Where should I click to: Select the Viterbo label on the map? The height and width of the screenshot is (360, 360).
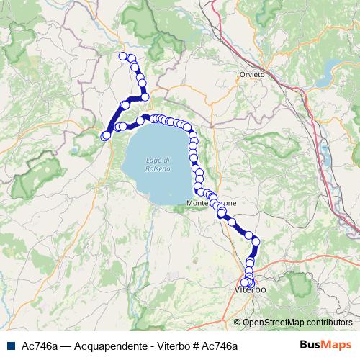pyautogui.click(x=251, y=289)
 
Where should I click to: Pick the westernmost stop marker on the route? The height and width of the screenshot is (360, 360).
pyautogui.click(x=106, y=135)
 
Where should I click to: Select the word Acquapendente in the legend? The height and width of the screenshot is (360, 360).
pyautogui.click(x=95, y=346)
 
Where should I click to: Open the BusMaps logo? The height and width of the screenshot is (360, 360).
pyautogui.click(x=325, y=346)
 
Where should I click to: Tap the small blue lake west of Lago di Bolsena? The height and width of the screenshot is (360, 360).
pyautogui.click(x=76, y=151)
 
